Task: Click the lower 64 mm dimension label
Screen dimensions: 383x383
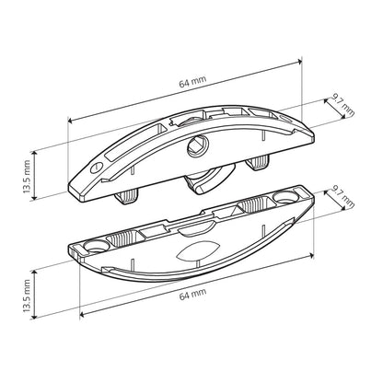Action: click(197, 291)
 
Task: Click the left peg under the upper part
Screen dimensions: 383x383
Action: click(126, 197)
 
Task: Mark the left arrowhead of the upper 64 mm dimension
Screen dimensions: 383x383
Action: click(70, 121)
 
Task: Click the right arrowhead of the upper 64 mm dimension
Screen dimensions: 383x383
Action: click(303, 61)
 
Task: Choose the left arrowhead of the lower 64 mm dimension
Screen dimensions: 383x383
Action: click(82, 313)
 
